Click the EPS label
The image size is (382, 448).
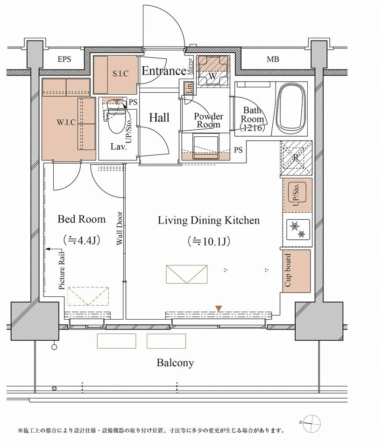coord(64,59)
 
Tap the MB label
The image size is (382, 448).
coord(273,59)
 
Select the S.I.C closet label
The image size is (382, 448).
coord(120,74)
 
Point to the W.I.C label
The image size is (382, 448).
coord(66,123)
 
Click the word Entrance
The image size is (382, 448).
coord(164,70)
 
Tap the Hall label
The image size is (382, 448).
coord(159,118)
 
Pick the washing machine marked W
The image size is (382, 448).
coord(213,71)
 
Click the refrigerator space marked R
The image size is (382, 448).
coord(296,158)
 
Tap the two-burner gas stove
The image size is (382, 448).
coord(298,230)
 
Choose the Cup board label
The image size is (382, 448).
coord(288,271)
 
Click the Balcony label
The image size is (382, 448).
coord(175,363)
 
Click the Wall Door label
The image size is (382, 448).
coord(120,228)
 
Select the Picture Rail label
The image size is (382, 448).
coord(62,271)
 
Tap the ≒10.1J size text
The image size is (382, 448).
coord(209,241)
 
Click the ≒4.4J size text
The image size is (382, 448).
coord(81,240)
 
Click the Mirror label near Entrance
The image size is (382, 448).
coord(190,66)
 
